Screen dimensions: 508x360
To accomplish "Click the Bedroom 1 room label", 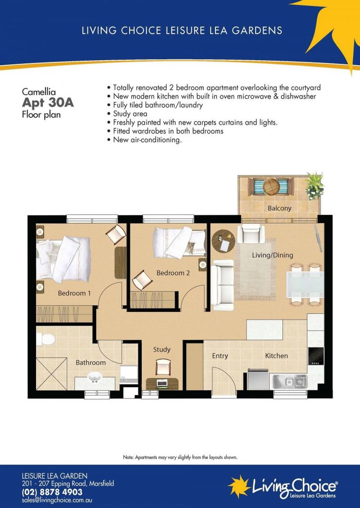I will coord(74,293).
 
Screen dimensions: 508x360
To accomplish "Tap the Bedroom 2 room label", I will coord(173,273).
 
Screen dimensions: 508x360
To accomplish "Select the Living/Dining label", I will coord(272,255).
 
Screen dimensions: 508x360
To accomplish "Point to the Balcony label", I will coord(280,208).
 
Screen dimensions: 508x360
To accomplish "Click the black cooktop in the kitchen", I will coord(316,356).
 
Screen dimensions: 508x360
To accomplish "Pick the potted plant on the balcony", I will coord(314,184).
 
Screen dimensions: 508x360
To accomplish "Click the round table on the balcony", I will coord(271,187).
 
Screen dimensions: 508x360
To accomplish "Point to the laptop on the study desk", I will coord(162,382).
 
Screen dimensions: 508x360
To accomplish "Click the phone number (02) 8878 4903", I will coord(52,492).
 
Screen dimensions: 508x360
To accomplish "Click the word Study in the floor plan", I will coord(161,349).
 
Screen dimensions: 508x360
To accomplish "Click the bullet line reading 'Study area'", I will coord(130,114).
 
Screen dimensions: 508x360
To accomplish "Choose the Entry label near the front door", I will coord(220,356).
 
